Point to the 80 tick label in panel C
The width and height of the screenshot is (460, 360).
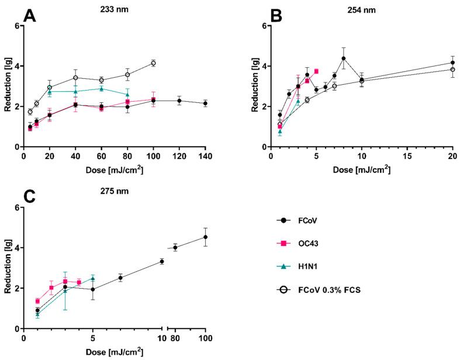click(175, 338)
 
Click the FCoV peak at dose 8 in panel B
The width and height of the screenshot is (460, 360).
click(344, 58)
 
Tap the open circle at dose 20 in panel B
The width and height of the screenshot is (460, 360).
click(452, 70)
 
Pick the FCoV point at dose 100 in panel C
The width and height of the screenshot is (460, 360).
click(205, 237)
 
